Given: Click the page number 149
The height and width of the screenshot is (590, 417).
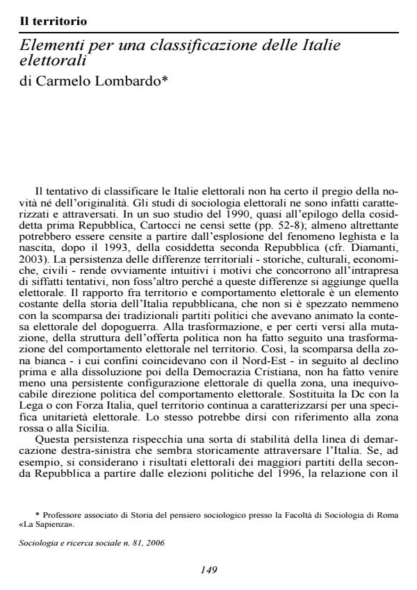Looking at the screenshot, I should [x=209, y=570].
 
